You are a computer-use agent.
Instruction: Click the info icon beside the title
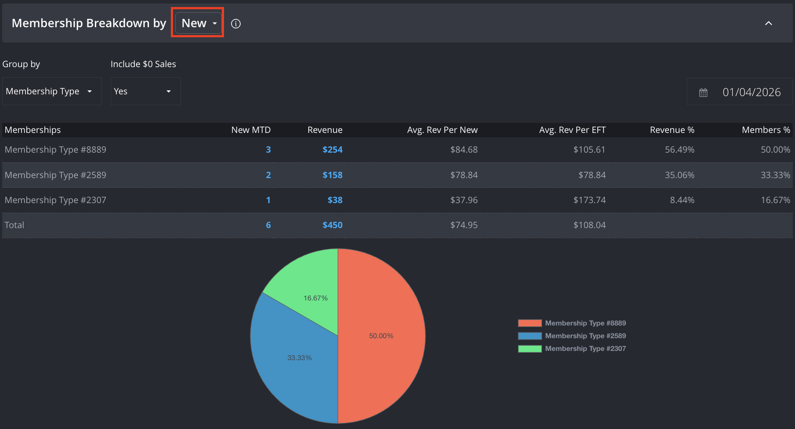point(236,24)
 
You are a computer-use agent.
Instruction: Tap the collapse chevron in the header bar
point(768,23)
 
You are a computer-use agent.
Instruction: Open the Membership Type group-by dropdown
point(52,91)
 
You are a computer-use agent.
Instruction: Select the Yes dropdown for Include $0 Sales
point(145,91)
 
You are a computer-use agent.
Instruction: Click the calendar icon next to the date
point(703,93)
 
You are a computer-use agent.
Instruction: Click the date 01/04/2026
point(752,92)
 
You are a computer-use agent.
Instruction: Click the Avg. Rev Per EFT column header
point(572,130)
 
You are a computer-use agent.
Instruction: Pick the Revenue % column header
point(672,130)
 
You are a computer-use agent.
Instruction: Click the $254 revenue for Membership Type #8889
point(332,150)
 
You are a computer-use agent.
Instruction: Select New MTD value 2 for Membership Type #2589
point(268,175)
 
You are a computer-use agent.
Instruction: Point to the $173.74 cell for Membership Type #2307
point(589,200)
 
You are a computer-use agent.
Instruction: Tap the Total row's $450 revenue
point(332,225)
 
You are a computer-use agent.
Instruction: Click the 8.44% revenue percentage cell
point(682,200)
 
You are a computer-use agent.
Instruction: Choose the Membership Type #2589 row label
point(55,175)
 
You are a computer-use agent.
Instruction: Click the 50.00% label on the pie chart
point(381,336)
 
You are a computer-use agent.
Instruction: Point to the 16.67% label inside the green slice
point(316,298)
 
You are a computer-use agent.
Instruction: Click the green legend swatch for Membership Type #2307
point(530,349)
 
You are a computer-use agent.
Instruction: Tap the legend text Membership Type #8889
point(585,323)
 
